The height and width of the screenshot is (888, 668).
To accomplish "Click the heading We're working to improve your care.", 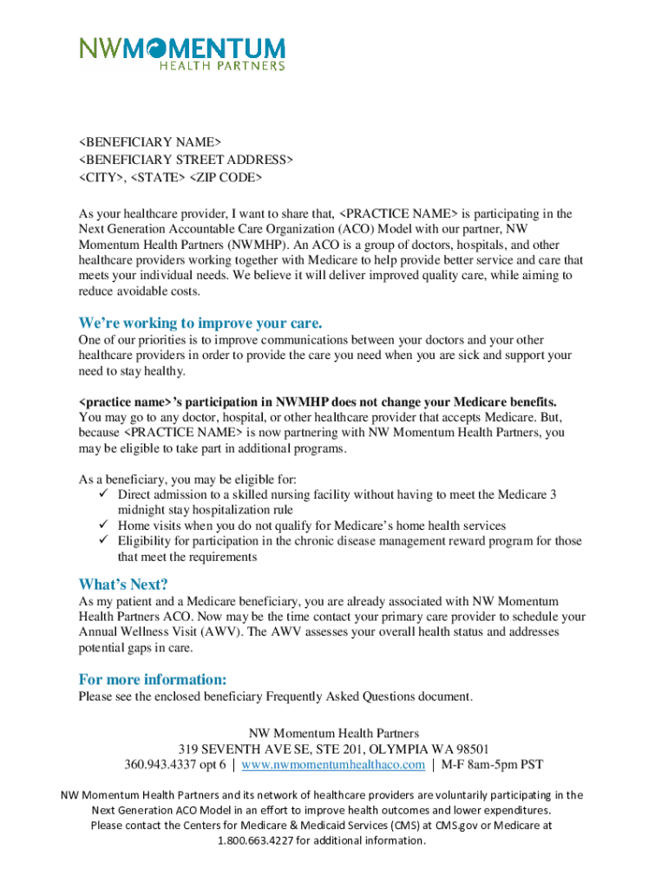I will click(200, 323).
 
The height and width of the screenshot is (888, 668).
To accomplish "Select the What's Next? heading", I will click(123, 584).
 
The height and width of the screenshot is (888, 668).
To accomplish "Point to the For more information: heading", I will click(153, 678).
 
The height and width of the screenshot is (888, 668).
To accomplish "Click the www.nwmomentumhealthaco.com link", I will click(333, 764).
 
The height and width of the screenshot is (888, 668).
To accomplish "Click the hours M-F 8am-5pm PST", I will click(492, 764).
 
